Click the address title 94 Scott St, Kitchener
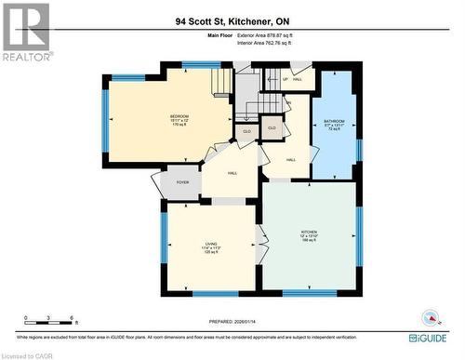pos(232,20)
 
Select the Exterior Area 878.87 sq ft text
pos(264,34)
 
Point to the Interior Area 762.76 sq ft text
pos(264,43)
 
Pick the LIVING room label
pos(210,248)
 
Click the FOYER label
pos(183,182)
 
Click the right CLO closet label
pos(272,127)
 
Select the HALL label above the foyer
pos(232,172)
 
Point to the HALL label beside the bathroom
pos(291,160)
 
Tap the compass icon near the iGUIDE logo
pos(429,316)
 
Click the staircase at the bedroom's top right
pos(220,84)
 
